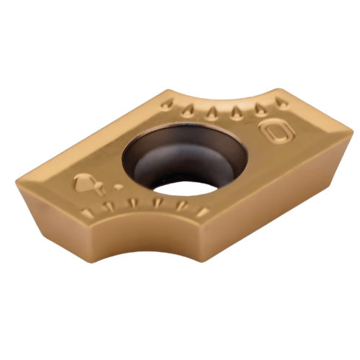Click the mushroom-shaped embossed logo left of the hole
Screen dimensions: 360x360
pyautogui.click(x=84, y=184)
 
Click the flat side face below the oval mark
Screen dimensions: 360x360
pyautogui.click(x=288, y=180)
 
